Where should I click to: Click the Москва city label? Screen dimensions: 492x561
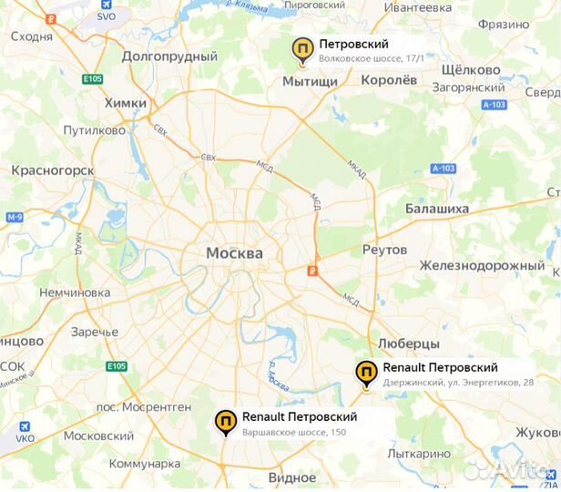click(x=234, y=252)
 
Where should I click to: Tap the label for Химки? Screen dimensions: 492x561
click(x=126, y=103)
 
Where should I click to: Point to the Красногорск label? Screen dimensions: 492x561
click(x=53, y=170)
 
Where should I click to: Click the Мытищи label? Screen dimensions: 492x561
click(x=310, y=81)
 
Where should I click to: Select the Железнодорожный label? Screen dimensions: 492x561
click(x=482, y=265)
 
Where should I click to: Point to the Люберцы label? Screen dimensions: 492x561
click(x=408, y=343)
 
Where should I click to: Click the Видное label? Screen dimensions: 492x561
click(x=292, y=477)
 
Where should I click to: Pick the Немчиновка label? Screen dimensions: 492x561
click(x=75, y=292)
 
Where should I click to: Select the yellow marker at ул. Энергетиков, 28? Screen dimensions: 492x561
click(x=366, y=373)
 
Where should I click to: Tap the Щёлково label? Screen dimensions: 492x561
click(x=470, y=70)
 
